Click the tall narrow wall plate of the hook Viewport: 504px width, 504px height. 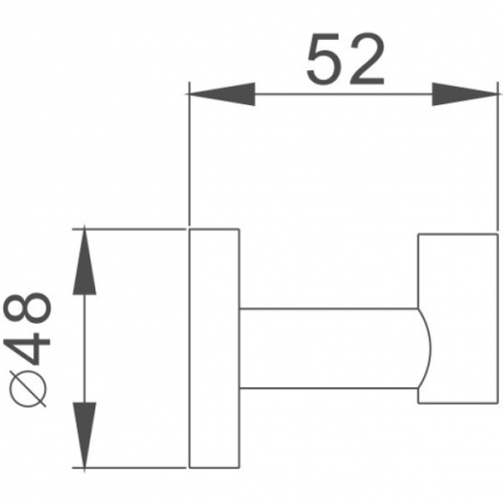click(x=213, y=347)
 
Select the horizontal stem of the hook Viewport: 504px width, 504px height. click(x=331, y=347)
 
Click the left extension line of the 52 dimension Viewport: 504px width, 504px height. click(x=189, y=156)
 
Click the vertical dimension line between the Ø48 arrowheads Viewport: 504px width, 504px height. click(x=86, y=347)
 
